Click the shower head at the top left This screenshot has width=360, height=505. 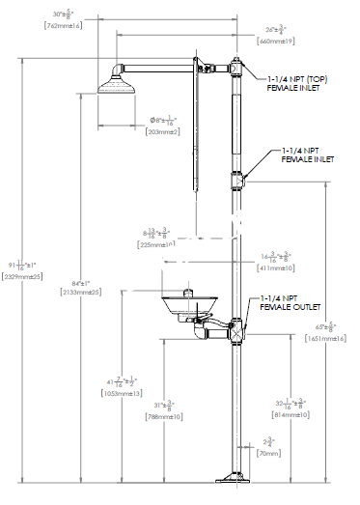[120, 89]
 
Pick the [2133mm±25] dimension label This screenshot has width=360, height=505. [83, 292]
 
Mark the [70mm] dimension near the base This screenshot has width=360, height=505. [267, 453]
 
